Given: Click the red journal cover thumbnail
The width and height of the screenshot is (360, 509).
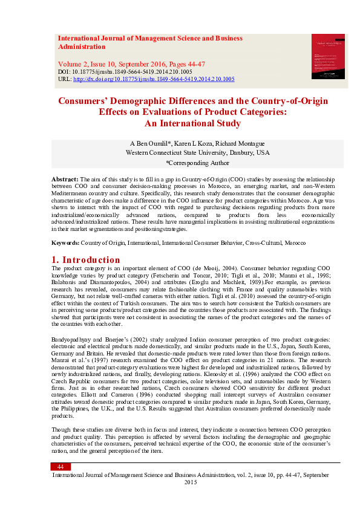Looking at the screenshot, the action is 327,56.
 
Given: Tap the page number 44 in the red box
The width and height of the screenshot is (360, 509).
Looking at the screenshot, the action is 61,467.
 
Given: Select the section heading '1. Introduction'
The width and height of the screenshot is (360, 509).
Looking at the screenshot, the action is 86,261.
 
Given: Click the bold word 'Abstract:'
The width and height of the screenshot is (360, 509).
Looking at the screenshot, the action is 65,180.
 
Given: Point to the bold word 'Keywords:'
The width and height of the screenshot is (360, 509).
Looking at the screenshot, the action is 65,242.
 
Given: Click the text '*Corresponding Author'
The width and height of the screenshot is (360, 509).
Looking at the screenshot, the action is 197,163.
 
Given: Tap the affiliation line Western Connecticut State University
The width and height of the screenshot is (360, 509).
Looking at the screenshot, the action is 197,153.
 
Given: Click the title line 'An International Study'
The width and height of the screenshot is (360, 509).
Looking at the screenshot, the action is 192,123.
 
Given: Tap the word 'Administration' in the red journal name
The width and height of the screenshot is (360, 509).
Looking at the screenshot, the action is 82,47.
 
